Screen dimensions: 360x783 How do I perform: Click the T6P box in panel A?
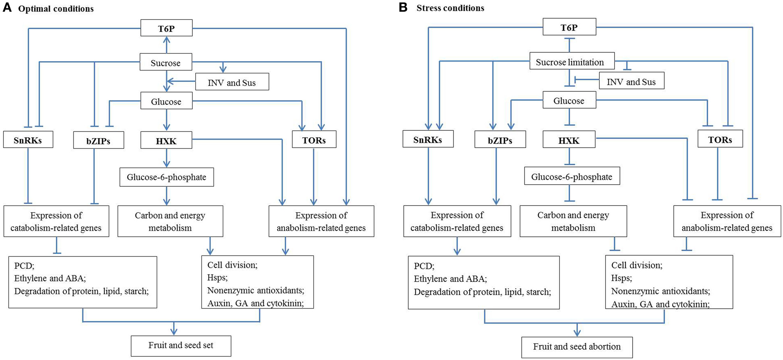tap(166, 28)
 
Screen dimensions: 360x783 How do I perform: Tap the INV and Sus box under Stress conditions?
tap(631, 81)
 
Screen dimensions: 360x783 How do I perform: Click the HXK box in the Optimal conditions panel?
tap(166, 140)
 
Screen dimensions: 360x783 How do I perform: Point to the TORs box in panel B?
tap(720, 139)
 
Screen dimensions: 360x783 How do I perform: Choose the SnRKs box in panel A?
tap(28, 140)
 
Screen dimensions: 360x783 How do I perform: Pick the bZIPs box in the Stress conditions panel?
tap(500, 140)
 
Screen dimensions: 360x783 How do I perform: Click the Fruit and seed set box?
tap(181, 346)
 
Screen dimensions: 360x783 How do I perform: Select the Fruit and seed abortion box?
tap(577, 347)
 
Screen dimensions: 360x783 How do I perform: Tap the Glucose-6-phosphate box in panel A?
tap(167, 177)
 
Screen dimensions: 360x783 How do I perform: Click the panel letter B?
tap(403, 8)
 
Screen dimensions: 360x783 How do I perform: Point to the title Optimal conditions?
tap(56, 9)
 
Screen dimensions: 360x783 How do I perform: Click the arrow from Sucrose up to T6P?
tap(167, 45)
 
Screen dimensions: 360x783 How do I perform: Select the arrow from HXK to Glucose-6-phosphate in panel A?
tap(167, 158)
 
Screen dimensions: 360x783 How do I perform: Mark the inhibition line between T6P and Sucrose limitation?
tap(569, 44)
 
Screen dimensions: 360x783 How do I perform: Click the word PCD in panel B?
tap(424, 266)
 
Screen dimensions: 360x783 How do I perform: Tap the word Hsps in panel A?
tap(217, 278)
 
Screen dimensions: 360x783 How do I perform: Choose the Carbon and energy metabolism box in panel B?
tap(573, 221)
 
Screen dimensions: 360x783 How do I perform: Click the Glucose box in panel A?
tap(166, 101)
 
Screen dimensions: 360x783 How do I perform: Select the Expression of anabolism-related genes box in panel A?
tap(321, 221)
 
